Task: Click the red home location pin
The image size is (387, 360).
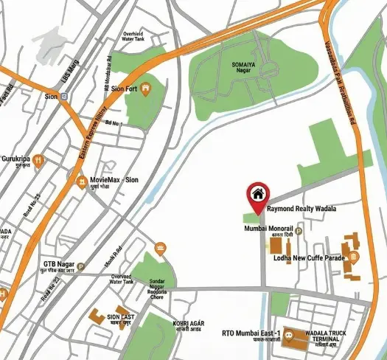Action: (x=257, y=196)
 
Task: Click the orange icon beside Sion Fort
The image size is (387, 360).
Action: (x=146, y=89)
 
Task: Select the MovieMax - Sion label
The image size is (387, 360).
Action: (x=114, y=179)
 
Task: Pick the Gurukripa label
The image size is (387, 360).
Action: (x=16, y=158)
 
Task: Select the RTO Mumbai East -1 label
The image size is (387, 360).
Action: (x=251, y=333)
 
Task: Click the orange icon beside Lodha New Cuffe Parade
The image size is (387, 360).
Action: (x=354, y=257)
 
